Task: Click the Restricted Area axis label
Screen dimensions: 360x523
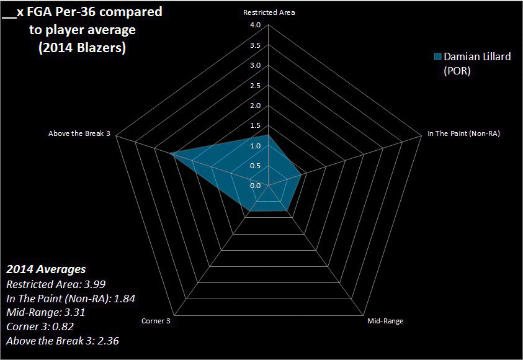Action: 269,12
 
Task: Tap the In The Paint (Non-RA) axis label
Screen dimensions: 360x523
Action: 464,133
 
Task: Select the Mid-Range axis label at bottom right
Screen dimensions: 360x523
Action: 385,321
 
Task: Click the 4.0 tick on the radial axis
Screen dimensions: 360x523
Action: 255,25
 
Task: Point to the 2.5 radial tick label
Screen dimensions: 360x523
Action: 255,86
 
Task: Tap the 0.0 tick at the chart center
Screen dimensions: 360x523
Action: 255,186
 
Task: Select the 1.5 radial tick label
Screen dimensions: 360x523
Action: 255,125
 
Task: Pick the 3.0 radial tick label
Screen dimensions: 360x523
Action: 255,66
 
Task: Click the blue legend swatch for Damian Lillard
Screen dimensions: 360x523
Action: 437,56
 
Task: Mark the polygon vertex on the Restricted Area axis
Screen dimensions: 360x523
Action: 268,135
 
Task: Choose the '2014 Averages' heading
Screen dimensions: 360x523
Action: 46,270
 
